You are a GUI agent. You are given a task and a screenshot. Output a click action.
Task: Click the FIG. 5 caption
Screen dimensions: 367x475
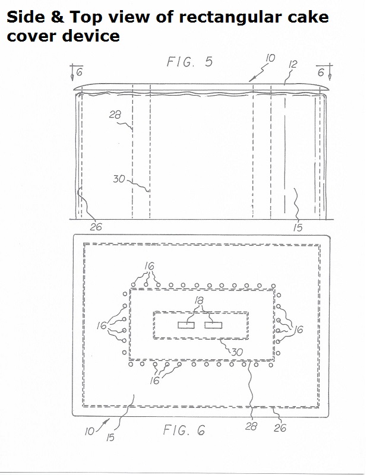click(x=189, y=62)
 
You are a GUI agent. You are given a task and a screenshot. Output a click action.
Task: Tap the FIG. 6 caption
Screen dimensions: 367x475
click(x=184, y=430)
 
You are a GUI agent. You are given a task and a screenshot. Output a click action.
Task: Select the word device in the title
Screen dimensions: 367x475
click(x=91, y=36)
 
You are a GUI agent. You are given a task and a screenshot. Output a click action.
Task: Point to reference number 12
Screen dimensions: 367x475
click(x=293, y=64)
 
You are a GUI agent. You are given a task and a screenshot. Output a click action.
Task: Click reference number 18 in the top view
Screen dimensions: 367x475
click(x=199, y=301)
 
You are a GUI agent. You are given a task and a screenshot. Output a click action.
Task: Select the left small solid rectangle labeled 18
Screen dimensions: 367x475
click(x=186, y=325)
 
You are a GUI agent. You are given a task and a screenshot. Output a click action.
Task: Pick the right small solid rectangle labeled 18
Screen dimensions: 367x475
click(x=213, y=325)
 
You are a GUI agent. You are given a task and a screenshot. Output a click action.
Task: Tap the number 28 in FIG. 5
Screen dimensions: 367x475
click(x=115, y=115)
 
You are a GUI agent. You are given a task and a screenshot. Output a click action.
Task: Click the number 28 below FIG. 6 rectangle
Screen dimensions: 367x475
click(x=251, y=426)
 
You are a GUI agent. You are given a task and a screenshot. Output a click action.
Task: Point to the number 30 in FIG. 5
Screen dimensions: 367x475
click(x=119, y=179)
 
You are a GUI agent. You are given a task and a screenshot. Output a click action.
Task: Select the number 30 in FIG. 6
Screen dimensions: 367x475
click(x=238, y=351)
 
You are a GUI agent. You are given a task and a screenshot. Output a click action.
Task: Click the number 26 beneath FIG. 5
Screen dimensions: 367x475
click(x=96, y=227)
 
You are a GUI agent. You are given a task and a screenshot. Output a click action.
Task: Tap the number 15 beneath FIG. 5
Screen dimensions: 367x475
click(x=298, y=228)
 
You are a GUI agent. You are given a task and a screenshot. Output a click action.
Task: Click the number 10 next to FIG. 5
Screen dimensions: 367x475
click(x=270, y=58)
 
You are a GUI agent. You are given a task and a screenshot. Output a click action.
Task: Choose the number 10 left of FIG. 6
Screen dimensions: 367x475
click(x=90, y=431)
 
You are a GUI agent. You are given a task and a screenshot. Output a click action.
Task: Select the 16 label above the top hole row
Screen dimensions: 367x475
click(x=149, y=266)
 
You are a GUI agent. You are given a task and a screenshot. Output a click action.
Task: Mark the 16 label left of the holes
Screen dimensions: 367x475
click(x=102, y=325)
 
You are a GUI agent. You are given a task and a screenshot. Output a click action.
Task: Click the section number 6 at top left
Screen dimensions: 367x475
click(x=80, y=72)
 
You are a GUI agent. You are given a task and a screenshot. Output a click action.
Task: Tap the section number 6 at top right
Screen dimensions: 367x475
click(x=321, y=72)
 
